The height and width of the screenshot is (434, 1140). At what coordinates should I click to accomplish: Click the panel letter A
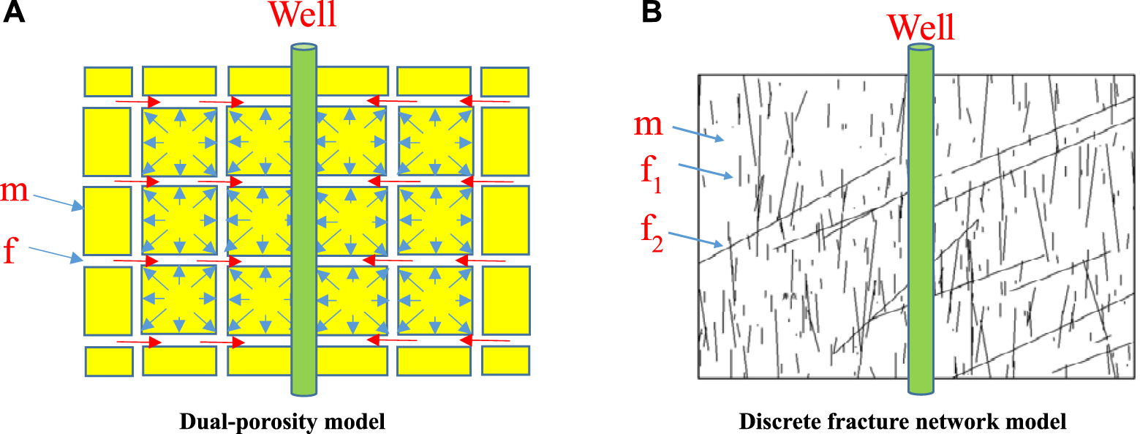(x=15, y=13)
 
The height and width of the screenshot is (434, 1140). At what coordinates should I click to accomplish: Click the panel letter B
(x=653, y=13)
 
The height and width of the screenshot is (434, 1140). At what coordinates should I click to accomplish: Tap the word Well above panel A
(x=303, y=15)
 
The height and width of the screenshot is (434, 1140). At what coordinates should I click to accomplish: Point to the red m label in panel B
(x=647, y=125)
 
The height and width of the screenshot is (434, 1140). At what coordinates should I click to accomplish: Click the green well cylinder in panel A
(x=303, y=220)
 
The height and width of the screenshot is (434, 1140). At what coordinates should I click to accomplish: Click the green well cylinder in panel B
(x=921, y=220)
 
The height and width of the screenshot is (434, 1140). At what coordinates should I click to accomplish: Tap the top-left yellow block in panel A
(x=108, y=81)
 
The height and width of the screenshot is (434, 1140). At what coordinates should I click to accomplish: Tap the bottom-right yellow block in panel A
(x=505, y=360)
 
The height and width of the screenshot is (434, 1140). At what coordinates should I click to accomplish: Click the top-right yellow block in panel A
(x=505, y=81)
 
